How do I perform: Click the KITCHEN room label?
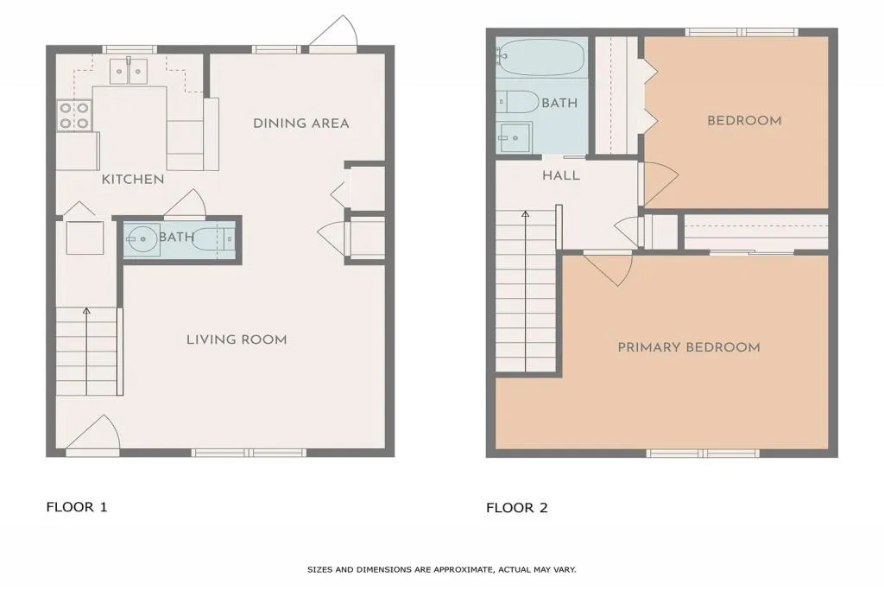pos(133,180)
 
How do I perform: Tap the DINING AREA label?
pos(301,123)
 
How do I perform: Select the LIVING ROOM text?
pos(237,339)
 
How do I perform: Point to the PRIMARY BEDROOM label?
pos(689,347)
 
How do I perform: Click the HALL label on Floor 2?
pos(561,175)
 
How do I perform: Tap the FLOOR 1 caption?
pos(77,507)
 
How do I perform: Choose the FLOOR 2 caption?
pos(517,508)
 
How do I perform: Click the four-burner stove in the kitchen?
pos(74,115)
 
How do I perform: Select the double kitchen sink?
pos(129,71)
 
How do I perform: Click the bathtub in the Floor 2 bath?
pos(540,57)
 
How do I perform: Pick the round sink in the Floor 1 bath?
pos(142,240)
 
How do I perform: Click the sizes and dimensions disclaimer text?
pos(441,569)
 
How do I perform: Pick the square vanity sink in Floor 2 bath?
pos(514,137)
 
